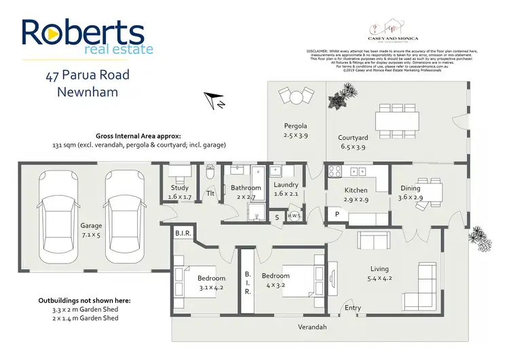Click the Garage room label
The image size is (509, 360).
[92, 226]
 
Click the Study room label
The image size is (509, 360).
[180, 188]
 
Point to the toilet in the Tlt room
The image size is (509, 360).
[210, 175]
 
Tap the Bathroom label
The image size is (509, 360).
[245, 188]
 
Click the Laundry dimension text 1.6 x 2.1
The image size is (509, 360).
[286, 194]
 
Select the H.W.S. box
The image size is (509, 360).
[295, 217]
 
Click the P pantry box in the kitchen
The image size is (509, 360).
[337, 215]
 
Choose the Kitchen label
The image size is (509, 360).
[356, 190]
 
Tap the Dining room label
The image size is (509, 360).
[411, 188]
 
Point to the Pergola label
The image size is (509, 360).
[295, 126]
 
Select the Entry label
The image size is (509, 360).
[353, 308]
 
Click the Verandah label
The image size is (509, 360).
[313, 327]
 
